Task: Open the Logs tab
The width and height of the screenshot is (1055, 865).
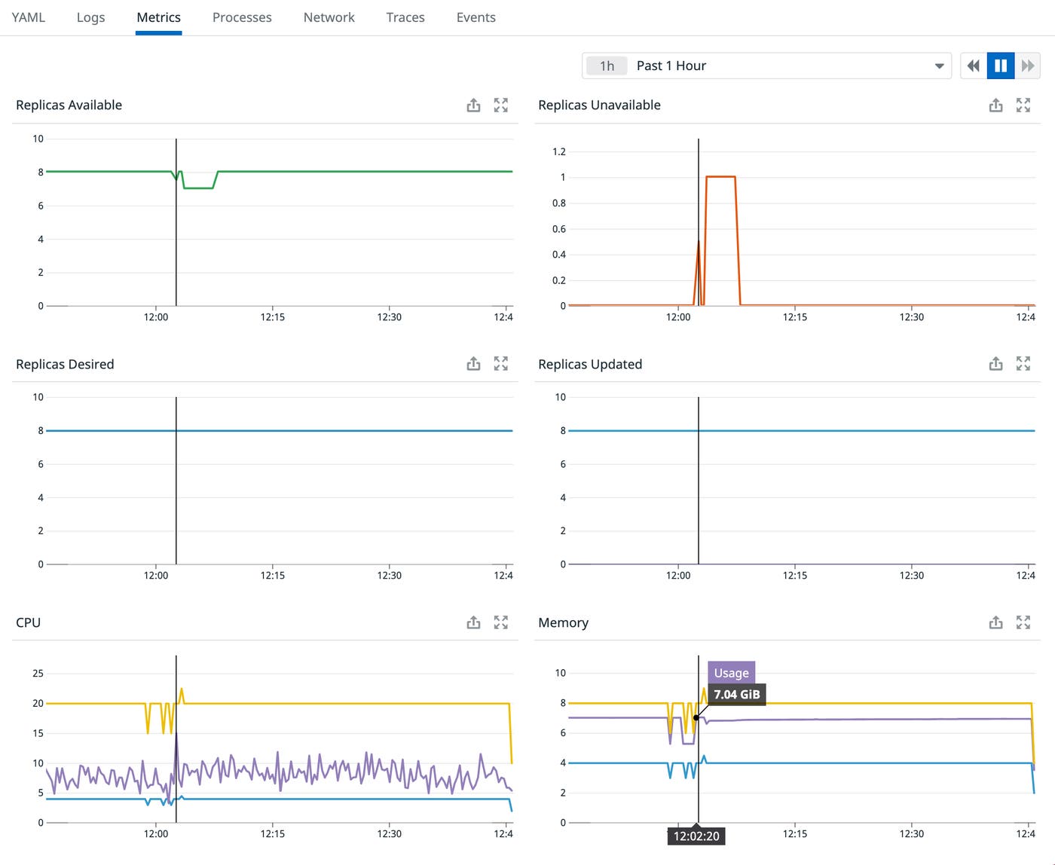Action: pos(90,17)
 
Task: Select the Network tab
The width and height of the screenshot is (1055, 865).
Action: pos(329,17)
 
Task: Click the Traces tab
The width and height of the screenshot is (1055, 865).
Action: pos(405,17)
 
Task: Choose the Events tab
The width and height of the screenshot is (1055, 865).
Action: pos(476,17)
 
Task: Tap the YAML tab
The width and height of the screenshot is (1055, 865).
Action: pos(29,17)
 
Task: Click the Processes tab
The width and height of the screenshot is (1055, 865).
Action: pos(242,17)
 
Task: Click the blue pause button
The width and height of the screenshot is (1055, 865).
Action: pos(1001,66)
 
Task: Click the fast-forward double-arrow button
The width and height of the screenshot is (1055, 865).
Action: pos(1028,66)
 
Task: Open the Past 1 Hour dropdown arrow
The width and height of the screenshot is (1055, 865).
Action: pos(939,66)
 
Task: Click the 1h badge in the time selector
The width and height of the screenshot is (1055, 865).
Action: pos(607,66)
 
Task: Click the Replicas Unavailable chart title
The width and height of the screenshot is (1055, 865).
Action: pos(599,105)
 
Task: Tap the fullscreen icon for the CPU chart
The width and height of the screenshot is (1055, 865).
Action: pos(500,622)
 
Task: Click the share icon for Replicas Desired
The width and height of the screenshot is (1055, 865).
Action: pos(473,364)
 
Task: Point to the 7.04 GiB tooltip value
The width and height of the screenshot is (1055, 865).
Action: pos(736,695)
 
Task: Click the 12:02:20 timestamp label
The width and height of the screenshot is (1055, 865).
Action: pos(696,836)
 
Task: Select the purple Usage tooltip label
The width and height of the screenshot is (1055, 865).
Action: pos(731,673)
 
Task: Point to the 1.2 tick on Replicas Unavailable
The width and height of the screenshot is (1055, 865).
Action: pos(558,151)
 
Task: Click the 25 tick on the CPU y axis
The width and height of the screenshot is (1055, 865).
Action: pos(38,674)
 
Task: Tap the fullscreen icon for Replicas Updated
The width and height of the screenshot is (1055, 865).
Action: pos(1023,364)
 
